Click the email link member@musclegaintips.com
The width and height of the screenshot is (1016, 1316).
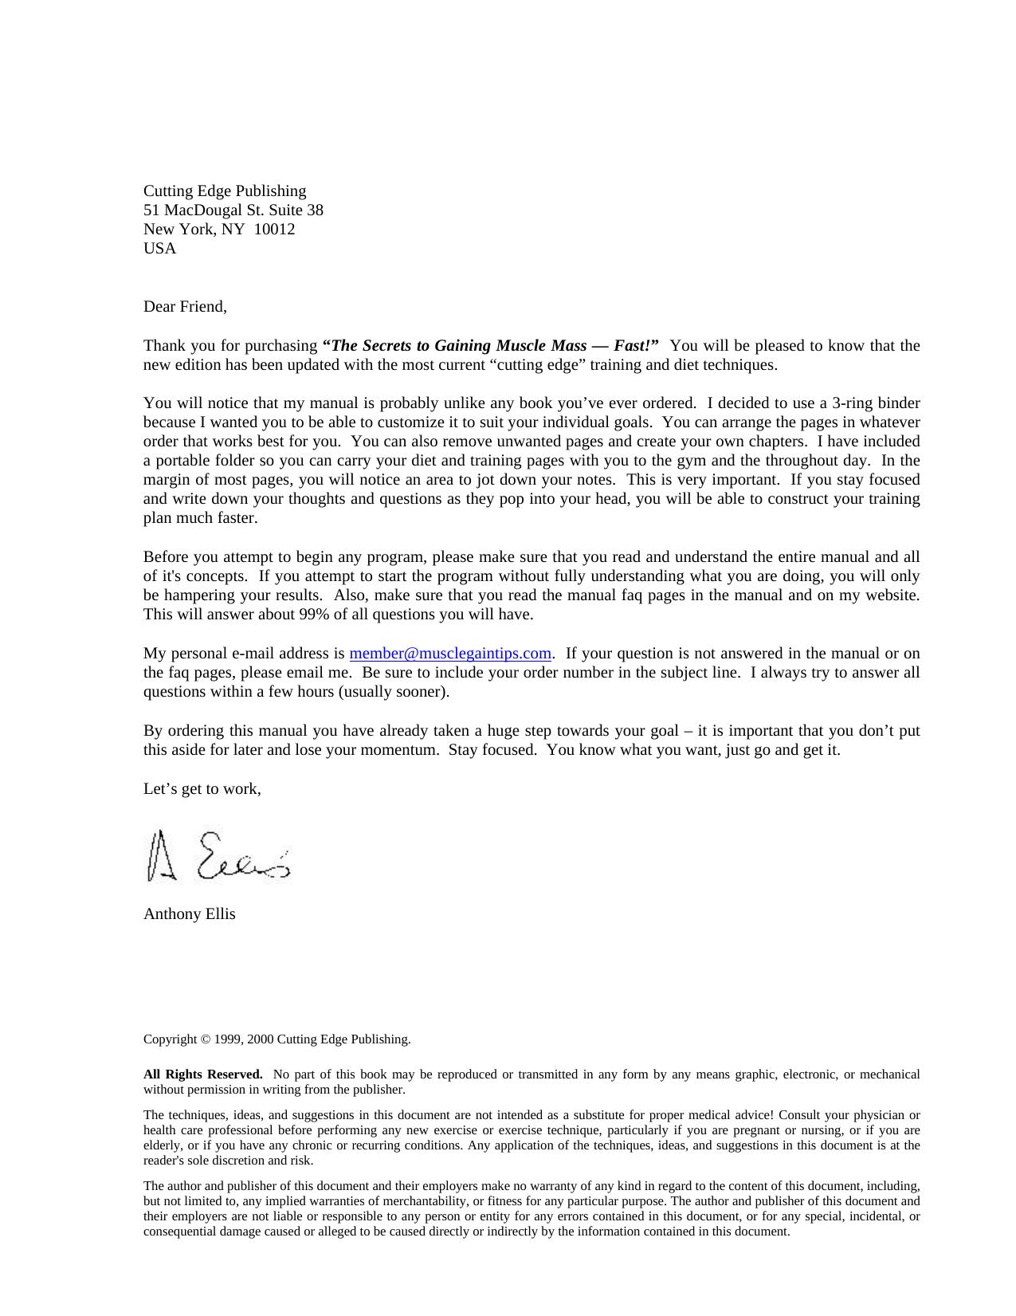click(450, 654)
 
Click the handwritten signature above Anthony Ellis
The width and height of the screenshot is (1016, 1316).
click(219, 857)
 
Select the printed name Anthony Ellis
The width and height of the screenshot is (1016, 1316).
click(190, 914)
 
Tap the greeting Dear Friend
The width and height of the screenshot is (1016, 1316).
click(185, 307)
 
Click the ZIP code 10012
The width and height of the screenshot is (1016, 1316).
click(274, 230)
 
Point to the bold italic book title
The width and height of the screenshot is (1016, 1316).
click(490, 346)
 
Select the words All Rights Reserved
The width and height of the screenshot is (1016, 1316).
click(202, 1074)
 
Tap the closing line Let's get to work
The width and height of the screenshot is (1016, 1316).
click(202, 789)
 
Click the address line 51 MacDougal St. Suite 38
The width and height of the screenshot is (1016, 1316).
click(233, 210)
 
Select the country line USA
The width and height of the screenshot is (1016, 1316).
click(160, 249)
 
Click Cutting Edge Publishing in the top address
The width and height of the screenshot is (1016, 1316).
click(225, 191)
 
